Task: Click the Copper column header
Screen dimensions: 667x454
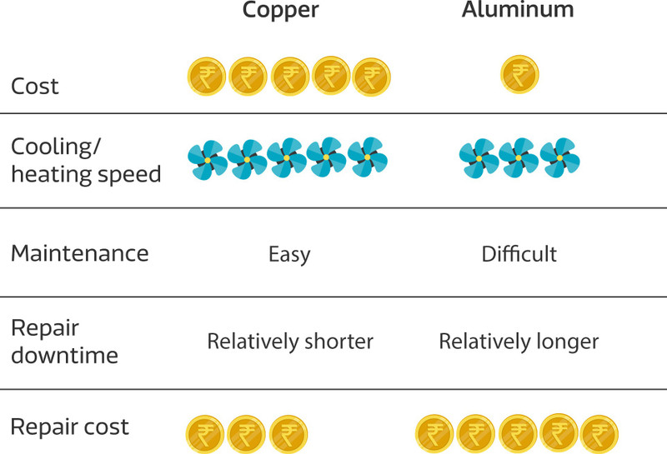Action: click(x=280, y=9)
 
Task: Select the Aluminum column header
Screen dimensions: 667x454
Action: click(x=518, y=8)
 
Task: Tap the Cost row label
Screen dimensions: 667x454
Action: click(x=34, y=87)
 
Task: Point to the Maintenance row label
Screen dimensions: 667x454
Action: click(x=79, y=253)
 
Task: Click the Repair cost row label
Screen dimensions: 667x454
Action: click(x=70, y=427)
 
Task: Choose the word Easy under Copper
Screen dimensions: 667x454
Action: click(x=289, y=255)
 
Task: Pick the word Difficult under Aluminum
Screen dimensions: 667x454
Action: click(x=519, y=254)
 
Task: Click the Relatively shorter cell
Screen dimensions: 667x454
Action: click(x=290, y=342)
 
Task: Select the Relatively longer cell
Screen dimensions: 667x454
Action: click(x=519, y=342)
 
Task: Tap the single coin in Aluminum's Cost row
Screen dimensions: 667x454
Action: click(x=519, y=74)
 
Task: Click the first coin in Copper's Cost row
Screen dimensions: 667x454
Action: click(x=207, y=77)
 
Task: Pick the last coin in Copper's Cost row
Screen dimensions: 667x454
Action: click(x=371, y=77)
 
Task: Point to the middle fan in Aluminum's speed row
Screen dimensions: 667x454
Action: click(x=518, y=157)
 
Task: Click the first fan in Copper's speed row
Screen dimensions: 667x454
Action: click(x=208, y=160)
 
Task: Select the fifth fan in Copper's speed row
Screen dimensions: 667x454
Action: click(x=368, y=157)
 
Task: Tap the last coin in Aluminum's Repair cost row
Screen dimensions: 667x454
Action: click(x=599, y=434)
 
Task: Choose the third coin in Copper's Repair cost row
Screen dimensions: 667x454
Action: click(x=288, y=435)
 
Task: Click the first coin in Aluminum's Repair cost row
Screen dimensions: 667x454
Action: click(x=434, y=434)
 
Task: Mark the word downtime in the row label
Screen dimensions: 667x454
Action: click(x=65, y=356)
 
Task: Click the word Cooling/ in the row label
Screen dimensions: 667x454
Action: click(x=56, y=147)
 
